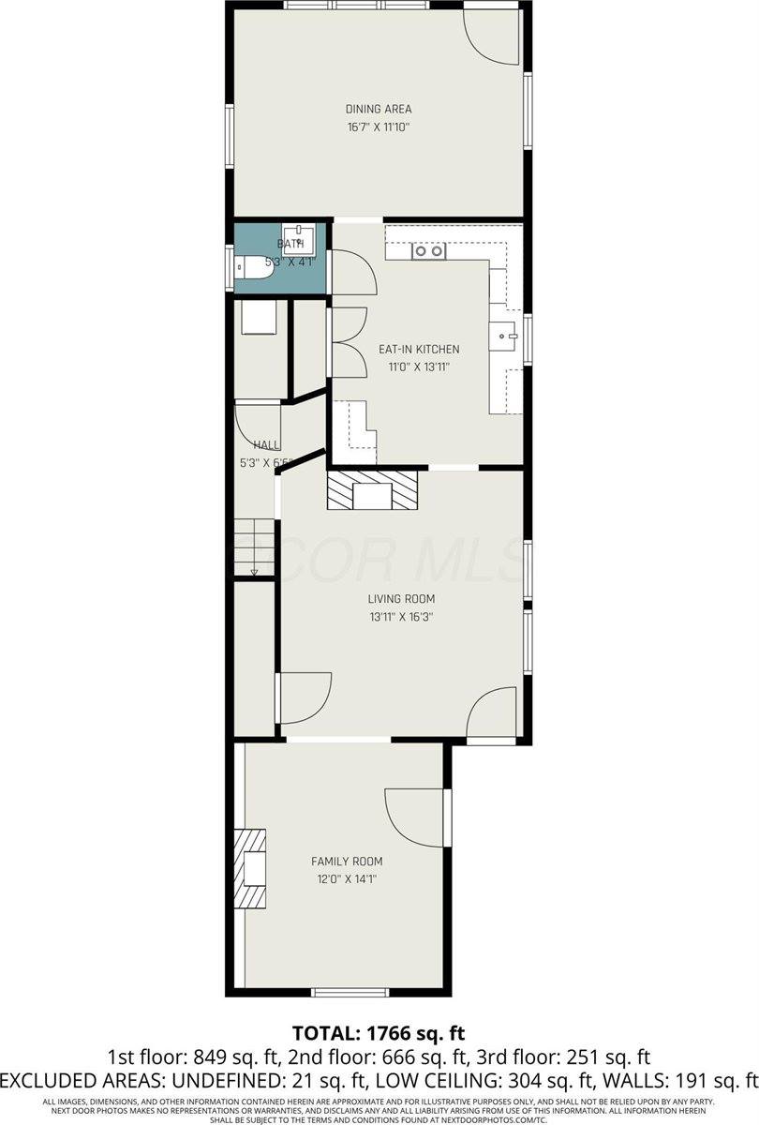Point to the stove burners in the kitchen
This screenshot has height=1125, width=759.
(430, 251)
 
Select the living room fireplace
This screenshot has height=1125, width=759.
(374, 490)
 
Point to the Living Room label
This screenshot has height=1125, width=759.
(401, 599)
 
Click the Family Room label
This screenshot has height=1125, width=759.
(347, 862)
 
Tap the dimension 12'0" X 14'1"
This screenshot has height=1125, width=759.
(347, 879)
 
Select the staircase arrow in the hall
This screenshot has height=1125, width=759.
(254, 570)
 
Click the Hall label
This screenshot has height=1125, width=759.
(267, 444)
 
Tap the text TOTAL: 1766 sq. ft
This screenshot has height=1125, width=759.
(379, 1034)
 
